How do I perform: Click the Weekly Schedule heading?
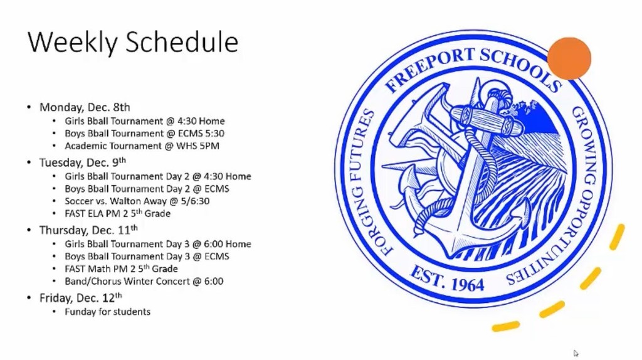pos(133,42)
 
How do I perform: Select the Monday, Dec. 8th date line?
pos(85,107)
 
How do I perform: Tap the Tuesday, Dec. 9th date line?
pos(83,162)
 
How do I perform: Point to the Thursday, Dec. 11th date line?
pos(88,230)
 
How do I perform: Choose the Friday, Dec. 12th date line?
pos(81,298)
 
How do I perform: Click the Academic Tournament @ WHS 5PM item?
pos(142,146)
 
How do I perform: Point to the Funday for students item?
pos(108,312)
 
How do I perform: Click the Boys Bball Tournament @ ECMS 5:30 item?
pos(145,134)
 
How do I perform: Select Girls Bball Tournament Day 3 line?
pos(158,244)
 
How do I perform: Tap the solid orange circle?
pos(569,58)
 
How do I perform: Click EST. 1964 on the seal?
pos(447,279)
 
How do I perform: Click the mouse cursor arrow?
pos(576,354)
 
